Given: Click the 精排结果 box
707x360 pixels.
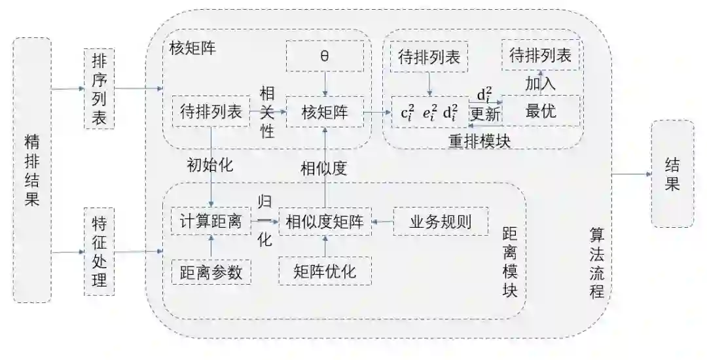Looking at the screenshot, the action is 32,170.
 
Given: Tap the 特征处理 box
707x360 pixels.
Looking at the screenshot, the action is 100,252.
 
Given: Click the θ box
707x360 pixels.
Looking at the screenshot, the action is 325,56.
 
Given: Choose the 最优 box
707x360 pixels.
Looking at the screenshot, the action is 541,111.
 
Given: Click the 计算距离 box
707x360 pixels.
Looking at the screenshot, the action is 211,222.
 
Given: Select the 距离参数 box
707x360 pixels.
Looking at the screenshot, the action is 211,271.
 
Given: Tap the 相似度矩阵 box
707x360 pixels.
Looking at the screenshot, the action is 325,222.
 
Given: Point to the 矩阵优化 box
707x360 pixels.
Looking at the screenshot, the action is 325,271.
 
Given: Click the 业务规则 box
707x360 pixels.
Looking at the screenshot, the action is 441,222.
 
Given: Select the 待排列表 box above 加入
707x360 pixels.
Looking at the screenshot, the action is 541,56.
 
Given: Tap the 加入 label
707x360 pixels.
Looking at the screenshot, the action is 541,83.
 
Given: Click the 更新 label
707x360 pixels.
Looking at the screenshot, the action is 485,114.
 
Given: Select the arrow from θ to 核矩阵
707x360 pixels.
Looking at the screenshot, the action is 325,84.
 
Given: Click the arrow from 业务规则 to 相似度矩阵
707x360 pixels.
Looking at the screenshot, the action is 382,223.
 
